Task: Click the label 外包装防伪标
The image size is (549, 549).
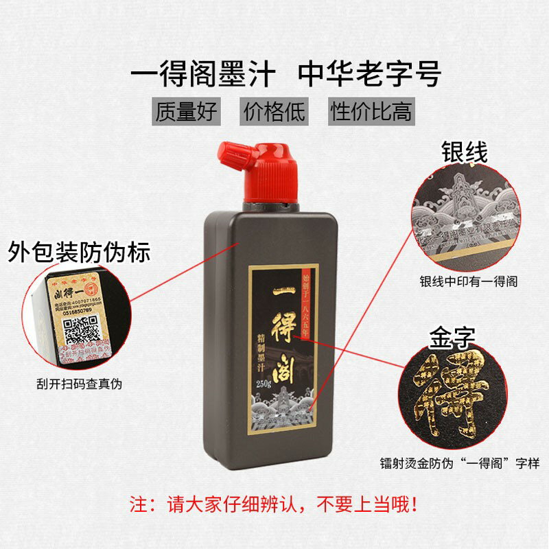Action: click(x=78, y=253)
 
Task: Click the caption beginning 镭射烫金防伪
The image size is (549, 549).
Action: click(x=460, y=464)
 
